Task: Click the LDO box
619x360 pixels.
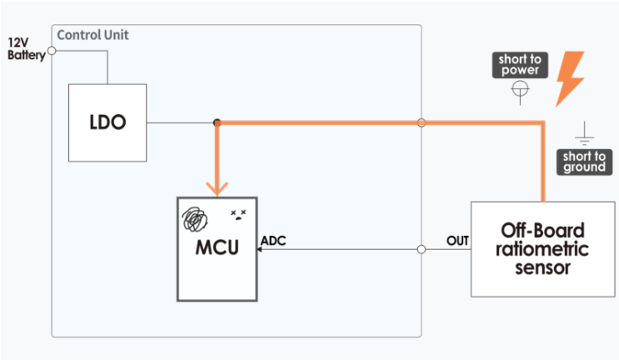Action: tap(107, 122)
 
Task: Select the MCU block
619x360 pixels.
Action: tap(217, 249)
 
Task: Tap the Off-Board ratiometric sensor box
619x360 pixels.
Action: tap(543, 249)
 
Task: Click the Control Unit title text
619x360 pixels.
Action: tap(92, 35)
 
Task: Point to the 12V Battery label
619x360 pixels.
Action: tap(27, 49)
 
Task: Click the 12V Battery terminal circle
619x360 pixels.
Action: tap(52, 51)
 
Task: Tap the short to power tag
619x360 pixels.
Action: tap(520, 65)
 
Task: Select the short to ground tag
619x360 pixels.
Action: tap(584, 162)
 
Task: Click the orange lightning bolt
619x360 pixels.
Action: tap(570, 79)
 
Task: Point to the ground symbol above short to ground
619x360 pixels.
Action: tap(584, 134)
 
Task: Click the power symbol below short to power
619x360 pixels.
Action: tap(520, 92)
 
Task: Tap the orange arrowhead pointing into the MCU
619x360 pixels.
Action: tap(217, 188)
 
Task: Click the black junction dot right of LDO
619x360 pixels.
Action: tap(217, 122)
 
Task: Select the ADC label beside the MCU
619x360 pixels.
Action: tap(273, 240)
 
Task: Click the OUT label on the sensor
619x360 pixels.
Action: tap(457, 240)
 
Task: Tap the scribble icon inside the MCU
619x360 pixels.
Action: tap(194, 219)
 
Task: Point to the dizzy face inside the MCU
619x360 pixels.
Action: tap(238, 215)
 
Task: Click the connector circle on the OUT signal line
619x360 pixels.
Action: tap(422, 249)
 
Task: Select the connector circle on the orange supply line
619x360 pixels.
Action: tap(422, 122)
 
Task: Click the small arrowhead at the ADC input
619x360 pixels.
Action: tap(259, 249)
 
